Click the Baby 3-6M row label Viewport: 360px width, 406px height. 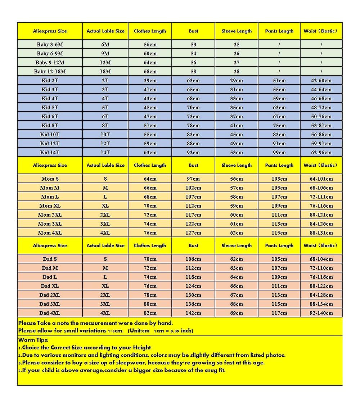pos(50,45)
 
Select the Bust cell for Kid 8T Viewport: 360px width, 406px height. pos(193,126)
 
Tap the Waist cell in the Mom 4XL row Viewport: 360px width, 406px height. pos(321,233)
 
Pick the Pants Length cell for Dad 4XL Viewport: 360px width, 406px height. pos(279,313)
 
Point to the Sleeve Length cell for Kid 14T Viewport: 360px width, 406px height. pos(237,153)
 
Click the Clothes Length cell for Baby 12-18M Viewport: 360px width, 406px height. pos(150,72)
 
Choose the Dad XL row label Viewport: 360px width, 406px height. pos(50,286)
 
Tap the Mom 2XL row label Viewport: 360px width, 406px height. pos(50,215)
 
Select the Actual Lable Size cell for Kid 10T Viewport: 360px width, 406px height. pos(105,135)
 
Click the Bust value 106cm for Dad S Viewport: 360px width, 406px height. pos(193,259)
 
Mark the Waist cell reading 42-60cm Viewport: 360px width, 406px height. pos(321,81)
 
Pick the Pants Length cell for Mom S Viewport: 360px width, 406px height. pos(279,179)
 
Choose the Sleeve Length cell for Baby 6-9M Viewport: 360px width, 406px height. pos(237,54)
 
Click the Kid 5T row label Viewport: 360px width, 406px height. pos(50,108)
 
